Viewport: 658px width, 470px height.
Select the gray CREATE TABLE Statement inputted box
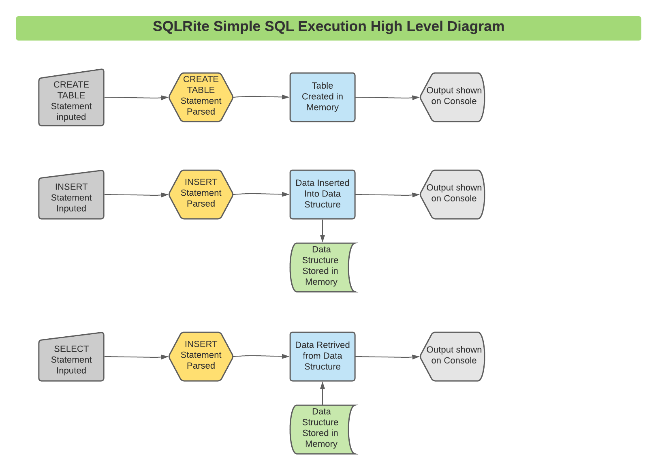coord(71,100)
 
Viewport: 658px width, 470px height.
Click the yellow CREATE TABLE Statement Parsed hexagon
coord(201,97)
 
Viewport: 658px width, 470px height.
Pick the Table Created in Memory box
coord(323,97)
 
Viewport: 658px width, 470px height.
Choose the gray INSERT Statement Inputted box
coord(71,197)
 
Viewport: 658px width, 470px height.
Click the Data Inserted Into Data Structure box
coord(323,194)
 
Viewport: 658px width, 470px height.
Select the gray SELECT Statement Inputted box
coord(71,359)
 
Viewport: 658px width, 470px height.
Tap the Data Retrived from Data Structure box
coord(323,357)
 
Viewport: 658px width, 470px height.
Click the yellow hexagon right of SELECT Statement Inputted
coord(201,357)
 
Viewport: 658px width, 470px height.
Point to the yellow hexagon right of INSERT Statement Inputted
coord(201,194)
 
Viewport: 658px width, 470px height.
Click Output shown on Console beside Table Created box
coord(453,97)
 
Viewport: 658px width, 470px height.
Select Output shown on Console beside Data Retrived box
coord(453,357)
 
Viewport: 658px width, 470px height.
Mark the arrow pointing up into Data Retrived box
coord(323,393)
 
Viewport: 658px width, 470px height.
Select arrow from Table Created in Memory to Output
coord(387,98)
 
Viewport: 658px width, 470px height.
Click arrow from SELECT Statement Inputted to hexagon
coord(136,357)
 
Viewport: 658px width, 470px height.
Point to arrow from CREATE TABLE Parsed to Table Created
coord(261,97)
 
